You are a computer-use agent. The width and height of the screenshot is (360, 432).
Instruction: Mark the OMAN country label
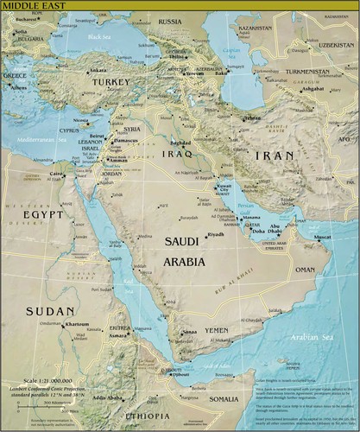(x=306, y=270)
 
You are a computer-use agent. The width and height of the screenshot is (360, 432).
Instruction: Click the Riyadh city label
(x=215, y=234)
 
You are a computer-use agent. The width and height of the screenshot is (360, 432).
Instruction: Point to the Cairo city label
(x=56, y=174)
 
